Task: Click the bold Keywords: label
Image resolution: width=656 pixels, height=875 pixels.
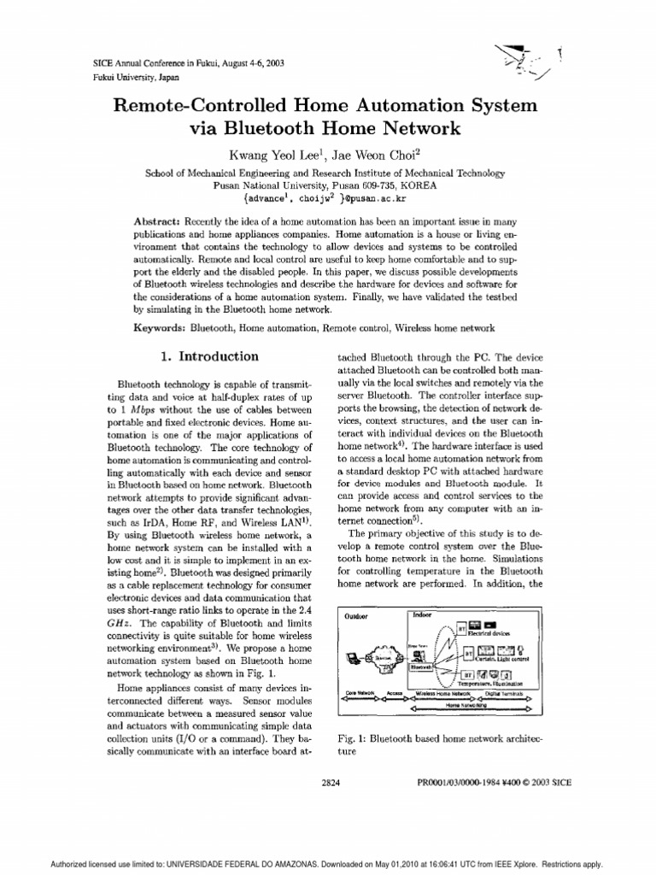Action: [x=161, y=328]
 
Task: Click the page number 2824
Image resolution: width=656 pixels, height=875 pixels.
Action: [x=331, y=782]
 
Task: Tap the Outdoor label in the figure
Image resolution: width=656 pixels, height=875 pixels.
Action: [x=357, y=618]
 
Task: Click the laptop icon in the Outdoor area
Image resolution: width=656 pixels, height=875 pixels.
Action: [x=354, y=659]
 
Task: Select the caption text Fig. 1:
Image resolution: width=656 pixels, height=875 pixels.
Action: [x=352, y=736]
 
